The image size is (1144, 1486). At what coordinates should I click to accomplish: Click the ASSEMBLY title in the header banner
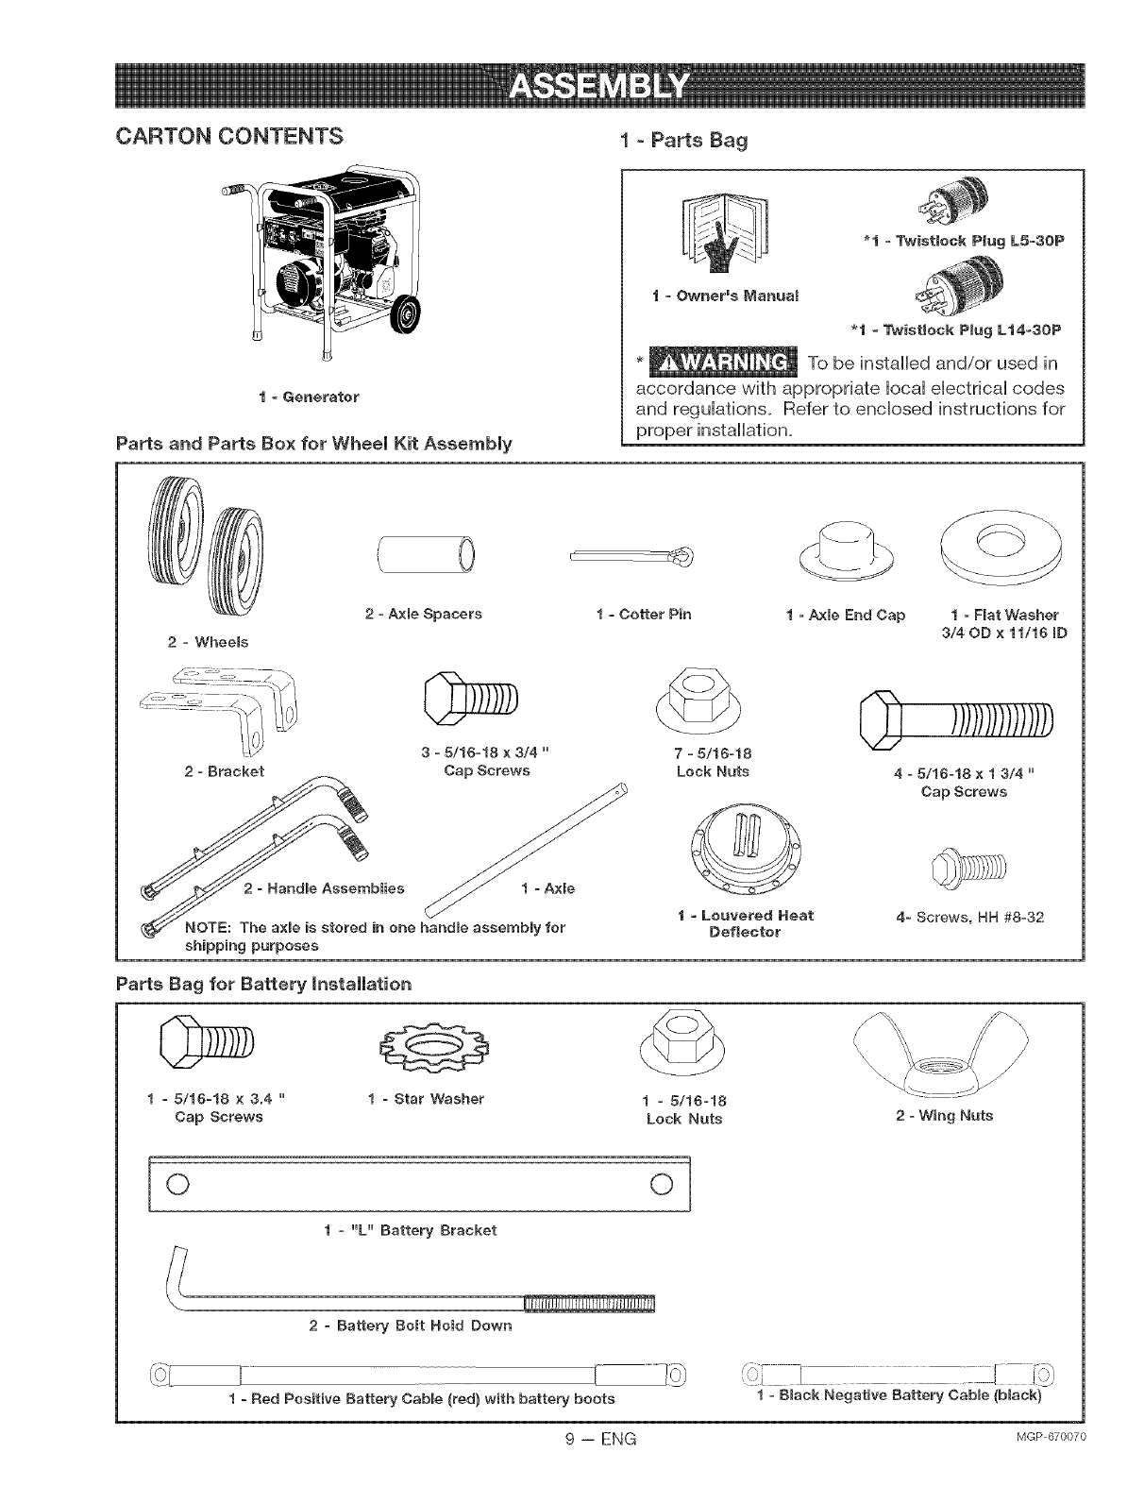[598, 89]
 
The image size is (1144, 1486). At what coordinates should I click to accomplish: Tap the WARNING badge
[725, 363]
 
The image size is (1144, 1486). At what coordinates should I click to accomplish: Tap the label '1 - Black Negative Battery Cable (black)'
[899, 1395]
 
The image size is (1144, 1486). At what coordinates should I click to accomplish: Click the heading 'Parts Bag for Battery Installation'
[263, 985]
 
